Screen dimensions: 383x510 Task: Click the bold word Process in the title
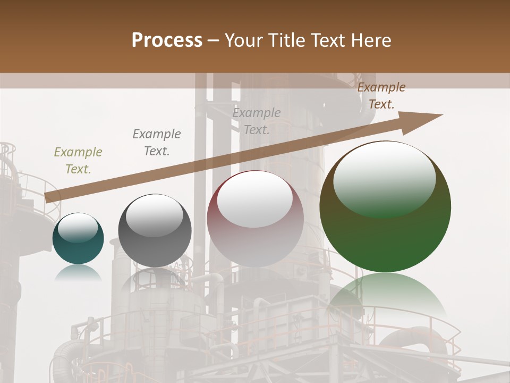[167, 40]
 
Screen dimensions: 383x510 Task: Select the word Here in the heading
[371, 40]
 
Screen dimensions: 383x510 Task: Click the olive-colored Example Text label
[78, 161]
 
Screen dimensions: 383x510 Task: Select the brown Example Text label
[381, 96]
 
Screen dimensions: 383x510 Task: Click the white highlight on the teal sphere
[78, 227]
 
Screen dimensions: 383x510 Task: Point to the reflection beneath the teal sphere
[78, 273]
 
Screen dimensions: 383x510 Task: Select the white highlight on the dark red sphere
[255, 199]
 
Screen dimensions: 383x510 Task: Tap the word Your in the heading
[243, 40]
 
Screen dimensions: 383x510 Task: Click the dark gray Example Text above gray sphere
[157, 143]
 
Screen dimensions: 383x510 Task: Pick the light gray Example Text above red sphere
[257, 121]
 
